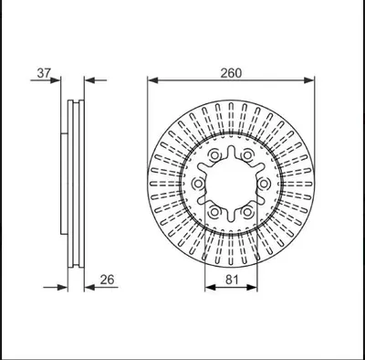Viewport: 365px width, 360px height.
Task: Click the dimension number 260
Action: (x=231, y=73)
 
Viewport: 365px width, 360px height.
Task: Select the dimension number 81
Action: (x=232, y=280)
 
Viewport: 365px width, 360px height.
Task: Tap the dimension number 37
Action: (x=44, y=73)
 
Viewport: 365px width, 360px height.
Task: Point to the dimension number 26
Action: (x=107, y=280)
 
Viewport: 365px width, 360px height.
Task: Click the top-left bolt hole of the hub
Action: (x=214, y=155)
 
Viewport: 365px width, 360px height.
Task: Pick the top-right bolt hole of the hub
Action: (x=247, y=155)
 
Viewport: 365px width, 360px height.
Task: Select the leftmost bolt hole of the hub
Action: (x=198, y=184)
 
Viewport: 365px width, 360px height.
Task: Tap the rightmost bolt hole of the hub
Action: (x=264, y=184)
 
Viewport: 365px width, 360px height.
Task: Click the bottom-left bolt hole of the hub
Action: (x=214, y=212)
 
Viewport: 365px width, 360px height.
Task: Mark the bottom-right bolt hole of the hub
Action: (x=247, y=212)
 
